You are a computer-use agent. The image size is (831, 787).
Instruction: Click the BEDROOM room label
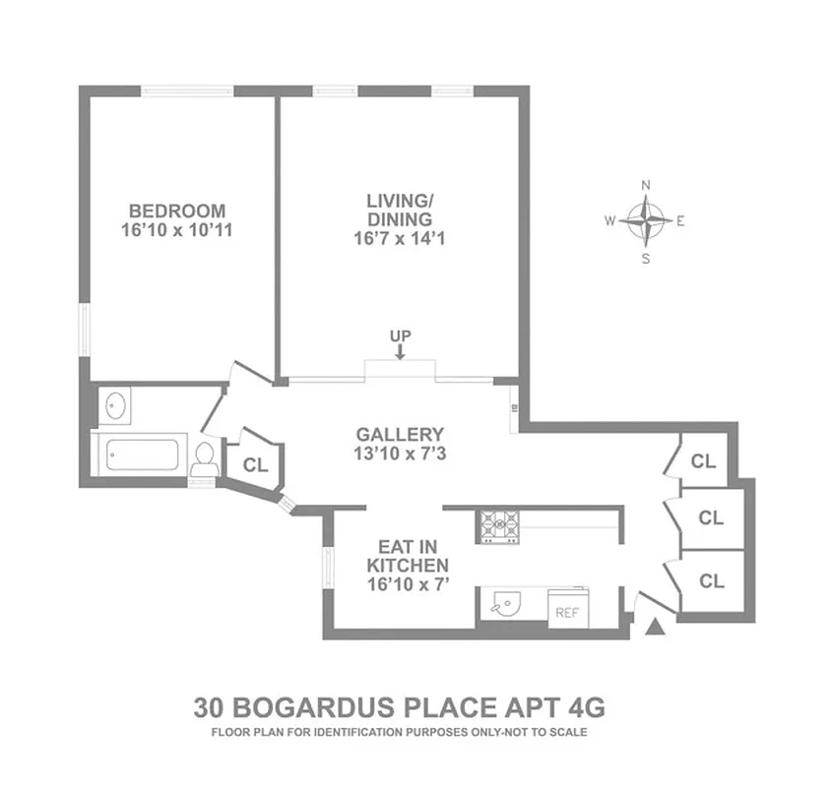(177, 211)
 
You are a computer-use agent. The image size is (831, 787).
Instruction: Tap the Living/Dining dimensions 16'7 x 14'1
(400, 238)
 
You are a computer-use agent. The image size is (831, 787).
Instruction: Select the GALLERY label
(400, 434)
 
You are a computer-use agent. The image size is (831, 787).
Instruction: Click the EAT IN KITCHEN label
(408, 557)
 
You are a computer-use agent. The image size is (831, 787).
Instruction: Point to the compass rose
(646, 221)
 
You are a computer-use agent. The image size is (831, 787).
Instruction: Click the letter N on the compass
(646, 185)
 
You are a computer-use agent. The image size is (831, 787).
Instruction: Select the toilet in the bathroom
(205, 457)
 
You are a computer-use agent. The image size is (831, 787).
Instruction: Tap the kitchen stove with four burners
(498, 525)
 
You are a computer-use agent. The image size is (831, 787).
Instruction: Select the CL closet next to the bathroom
(256, 465)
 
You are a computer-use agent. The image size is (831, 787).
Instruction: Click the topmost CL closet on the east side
(703, 460)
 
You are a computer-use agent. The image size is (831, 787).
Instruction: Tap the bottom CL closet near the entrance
(712, 581)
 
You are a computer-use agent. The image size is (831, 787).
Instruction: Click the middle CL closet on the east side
(712, 517)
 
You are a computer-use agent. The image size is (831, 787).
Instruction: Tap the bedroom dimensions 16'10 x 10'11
(177, 231)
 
